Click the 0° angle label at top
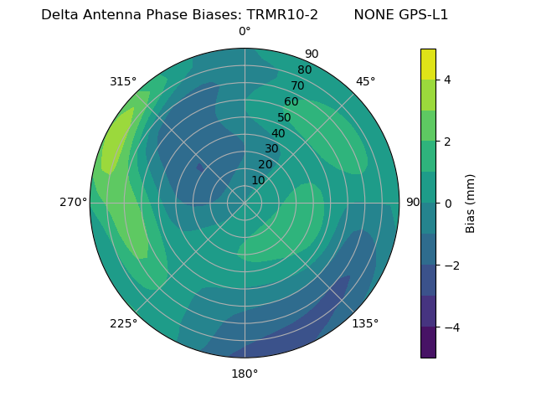245,32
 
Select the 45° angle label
366,81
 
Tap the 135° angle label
365,323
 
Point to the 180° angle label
245,374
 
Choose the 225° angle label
123,323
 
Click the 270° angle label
74,202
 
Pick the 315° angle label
123,81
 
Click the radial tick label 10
258,180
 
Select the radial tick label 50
285,117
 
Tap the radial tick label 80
305,70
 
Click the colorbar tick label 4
448,80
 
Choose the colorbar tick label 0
448,204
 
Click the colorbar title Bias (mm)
471,204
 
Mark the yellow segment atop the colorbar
428,64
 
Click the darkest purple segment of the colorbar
428,343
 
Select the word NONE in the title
373,14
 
